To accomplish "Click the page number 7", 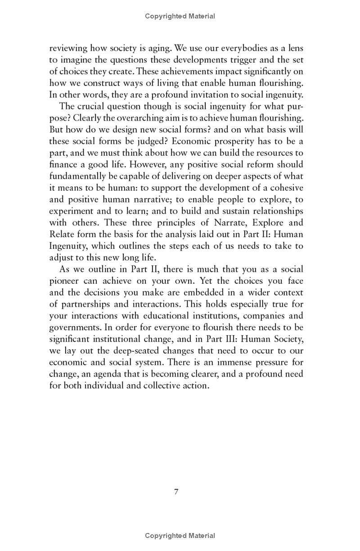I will tap(176, 492).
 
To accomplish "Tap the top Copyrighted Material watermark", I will tap(180, 16).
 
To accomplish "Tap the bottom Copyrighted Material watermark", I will tap(180, 536).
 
